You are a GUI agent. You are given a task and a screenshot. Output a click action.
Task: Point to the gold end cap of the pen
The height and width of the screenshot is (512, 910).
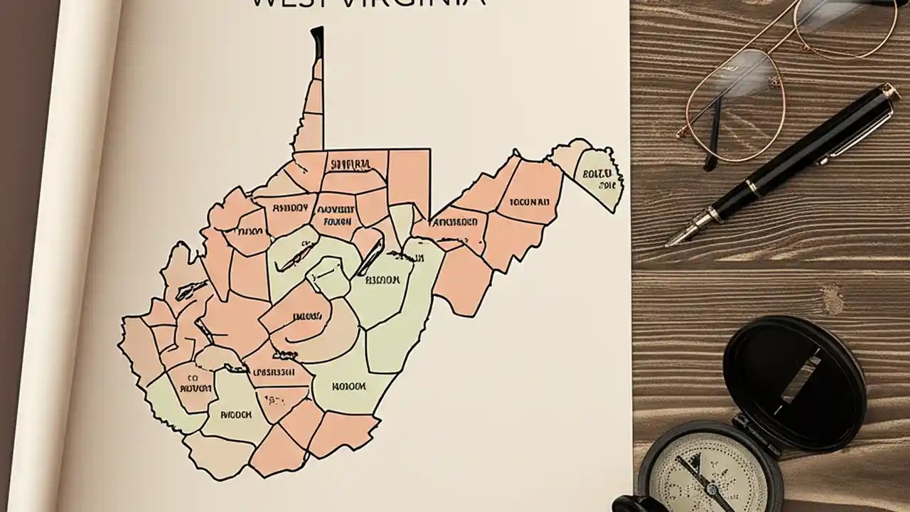click(888, 90)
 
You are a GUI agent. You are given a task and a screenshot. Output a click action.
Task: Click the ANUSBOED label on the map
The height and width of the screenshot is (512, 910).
click(454, 221)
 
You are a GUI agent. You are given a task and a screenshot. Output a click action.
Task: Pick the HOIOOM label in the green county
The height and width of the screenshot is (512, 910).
click(348, 387)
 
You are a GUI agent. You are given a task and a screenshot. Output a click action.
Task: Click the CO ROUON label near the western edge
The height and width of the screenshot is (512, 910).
click(194, 384)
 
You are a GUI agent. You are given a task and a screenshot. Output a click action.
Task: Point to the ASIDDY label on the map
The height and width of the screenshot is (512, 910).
click(290, 208)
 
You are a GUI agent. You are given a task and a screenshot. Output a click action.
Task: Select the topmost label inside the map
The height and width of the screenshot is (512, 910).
click(351, 165)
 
